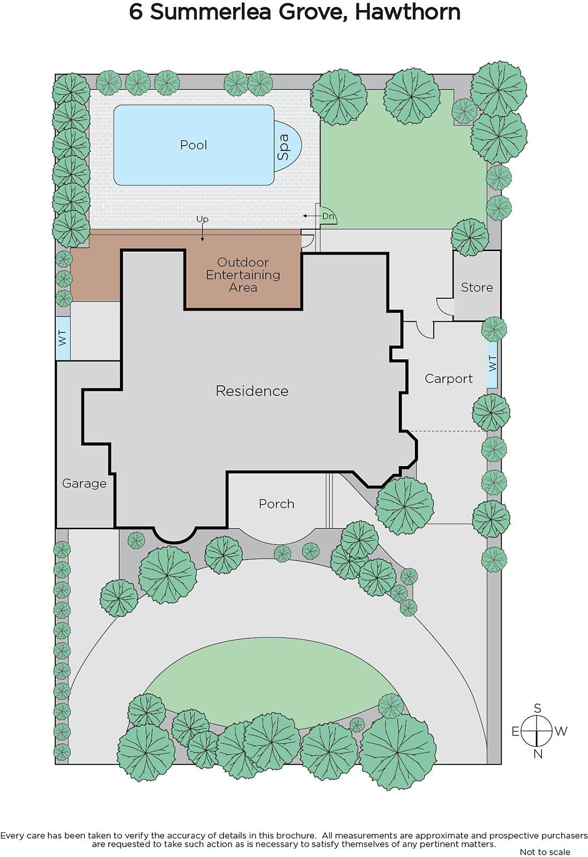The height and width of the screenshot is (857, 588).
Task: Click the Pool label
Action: [193, 145]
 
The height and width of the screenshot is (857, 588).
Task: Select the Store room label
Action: [477, 287]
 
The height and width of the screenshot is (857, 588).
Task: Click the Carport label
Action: [449, 379]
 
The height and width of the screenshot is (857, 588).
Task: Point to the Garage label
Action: [84, 484]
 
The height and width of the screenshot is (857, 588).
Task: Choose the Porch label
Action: [277, 504]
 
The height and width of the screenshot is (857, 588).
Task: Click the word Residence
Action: [252, 391]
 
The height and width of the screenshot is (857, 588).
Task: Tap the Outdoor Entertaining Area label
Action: [243, 275]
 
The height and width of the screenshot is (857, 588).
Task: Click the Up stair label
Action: [202, 220]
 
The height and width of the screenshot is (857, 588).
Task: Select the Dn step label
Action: [328, 216]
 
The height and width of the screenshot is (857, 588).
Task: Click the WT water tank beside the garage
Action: [63, 338]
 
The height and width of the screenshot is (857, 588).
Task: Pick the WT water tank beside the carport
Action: [492, 364]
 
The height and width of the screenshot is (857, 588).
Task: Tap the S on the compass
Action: [538, 708]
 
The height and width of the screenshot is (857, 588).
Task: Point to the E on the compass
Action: [516, 732]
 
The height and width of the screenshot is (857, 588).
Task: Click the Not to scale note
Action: [545, 852]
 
